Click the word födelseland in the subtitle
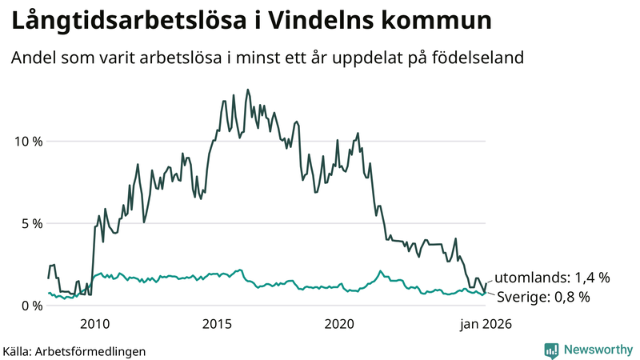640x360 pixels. coord(478,59)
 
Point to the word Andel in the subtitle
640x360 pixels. coord(32,59)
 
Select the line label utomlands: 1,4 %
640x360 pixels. coord(552,278)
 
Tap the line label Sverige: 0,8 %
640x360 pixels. coord(543,297)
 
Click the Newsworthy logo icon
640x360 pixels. coord(551,350)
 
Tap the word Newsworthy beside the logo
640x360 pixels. coord(597,350)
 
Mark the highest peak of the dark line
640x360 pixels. coord(247,90)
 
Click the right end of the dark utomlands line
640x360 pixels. coord(486,283)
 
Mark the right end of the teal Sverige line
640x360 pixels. coord(486,293)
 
